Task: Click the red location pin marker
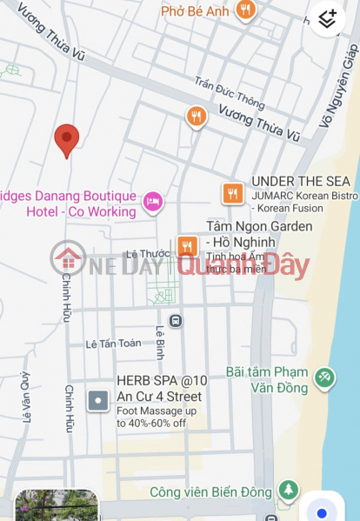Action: [67, 139]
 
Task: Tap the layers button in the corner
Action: [327, 19]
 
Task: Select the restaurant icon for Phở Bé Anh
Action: [245, 10]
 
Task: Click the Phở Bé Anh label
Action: [197, 11]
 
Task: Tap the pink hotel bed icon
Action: [153, 203]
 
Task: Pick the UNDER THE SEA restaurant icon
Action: [232, 193]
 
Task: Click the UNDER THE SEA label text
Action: [300, 181]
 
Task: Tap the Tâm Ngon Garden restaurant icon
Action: [186, 247]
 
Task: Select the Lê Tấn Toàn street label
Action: [113, 344]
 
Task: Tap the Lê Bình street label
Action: [160, 343]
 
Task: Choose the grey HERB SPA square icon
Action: [98, 401]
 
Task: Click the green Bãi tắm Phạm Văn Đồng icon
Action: [323, 377]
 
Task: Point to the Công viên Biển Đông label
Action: [211, 492]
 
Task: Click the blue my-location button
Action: [322, 511]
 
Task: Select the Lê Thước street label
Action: [144, 254]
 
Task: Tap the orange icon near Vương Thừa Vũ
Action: [197, 116]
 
